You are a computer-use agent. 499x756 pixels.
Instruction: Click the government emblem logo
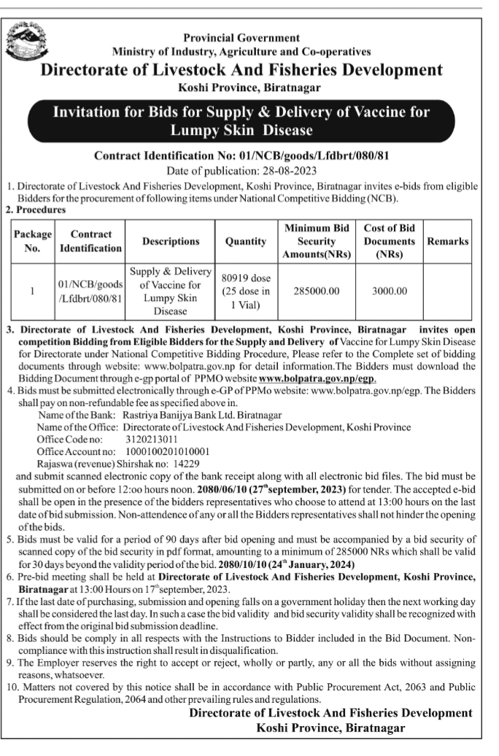[24, 41]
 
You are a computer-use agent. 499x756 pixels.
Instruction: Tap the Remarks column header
[447, 241]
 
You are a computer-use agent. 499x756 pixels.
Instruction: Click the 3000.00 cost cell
[390, 291]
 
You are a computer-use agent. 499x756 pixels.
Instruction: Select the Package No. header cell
[32, 241]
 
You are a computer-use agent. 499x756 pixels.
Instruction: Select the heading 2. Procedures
[35, 209]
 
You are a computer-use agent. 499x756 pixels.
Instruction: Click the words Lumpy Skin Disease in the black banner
[241, 131]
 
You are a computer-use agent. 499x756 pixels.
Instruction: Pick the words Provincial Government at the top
[241, 38]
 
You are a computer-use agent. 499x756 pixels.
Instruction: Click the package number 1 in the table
[32, 291]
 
